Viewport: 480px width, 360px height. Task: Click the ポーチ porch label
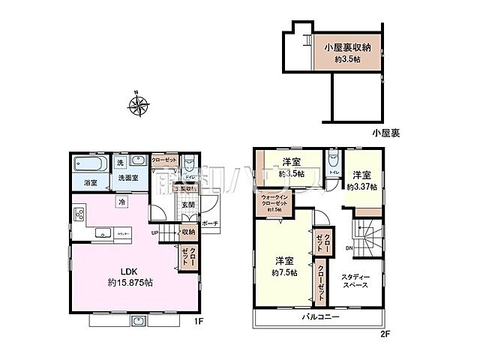click(210, 223)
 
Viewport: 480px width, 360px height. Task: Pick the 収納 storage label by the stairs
click(187, 232)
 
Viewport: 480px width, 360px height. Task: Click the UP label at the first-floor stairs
click(156, 232)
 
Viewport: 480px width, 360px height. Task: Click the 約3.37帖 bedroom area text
click(361, 187)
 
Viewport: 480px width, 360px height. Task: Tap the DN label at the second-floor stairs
click(349, 248)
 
